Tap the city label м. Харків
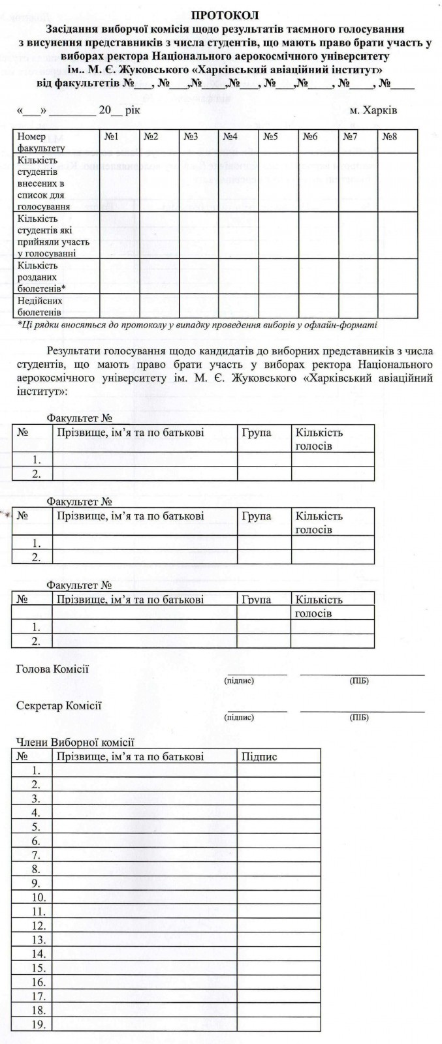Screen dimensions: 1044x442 point(373,110)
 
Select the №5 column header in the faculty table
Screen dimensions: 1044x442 point(270,137)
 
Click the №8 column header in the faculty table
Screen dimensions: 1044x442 point(390,137)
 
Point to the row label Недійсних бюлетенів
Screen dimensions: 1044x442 point(40,306)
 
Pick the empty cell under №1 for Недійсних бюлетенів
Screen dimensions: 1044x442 point(119,306)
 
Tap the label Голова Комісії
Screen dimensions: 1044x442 point(52,669)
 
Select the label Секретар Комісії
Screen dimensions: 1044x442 point(59,706)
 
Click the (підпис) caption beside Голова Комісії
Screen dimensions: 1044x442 point(239,681)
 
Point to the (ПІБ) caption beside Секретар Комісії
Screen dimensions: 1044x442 point(360,718)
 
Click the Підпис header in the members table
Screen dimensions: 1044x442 point(259,757)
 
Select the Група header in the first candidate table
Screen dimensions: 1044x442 point(256,433)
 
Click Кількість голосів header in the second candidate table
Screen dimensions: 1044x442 point(319,523)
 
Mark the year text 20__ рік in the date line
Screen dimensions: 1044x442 point(119,110)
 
